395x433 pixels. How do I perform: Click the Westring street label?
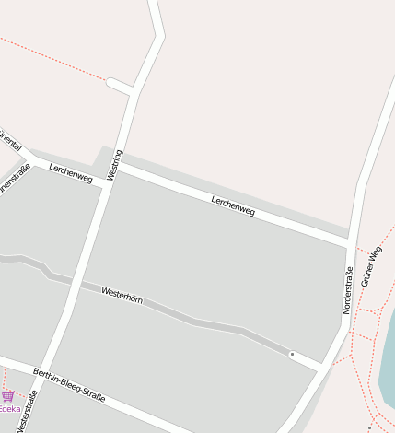[115, 164]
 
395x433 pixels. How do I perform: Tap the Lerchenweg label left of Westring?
[71, 171]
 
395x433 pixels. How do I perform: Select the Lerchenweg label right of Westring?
[232, 205]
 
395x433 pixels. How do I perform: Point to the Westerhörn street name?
[122, 294]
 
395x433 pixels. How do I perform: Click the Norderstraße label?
[348, 290]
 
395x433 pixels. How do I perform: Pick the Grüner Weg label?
[371, 266]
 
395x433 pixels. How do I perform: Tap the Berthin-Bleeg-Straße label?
[69, 385]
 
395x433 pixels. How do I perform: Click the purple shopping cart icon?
[7, 396]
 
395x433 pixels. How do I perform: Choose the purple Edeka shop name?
[8, 409]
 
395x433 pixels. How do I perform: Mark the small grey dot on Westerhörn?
[292, 354]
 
